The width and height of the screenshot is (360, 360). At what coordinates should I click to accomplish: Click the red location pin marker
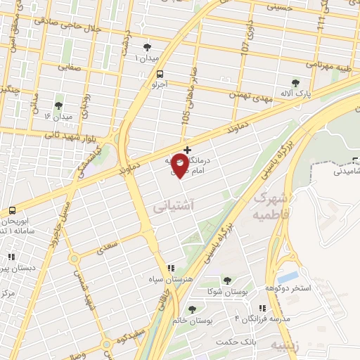pos(180,165)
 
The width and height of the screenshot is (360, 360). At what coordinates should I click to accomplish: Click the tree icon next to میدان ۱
pos(146,47)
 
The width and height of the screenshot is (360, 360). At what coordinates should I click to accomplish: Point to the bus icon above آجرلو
pos(161,74)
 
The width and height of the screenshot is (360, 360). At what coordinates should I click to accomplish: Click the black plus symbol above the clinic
pos(186,150)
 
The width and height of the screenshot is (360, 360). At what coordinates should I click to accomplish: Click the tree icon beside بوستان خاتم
pos(192,309)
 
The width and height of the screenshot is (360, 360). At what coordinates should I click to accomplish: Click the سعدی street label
pos(108,247)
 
